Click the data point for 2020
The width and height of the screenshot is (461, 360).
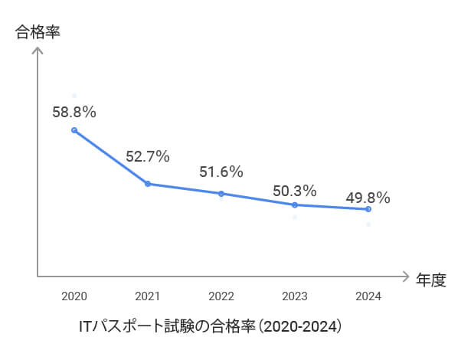click(74, 130)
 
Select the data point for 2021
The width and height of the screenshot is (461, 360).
click(148, 184)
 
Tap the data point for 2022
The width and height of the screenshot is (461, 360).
click(221, 194)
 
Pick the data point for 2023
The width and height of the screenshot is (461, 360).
click(295, 205)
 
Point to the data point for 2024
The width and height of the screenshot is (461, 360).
click(368, 209)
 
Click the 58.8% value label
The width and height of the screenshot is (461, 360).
click(74, 112)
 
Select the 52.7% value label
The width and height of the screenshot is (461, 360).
click(148, 157)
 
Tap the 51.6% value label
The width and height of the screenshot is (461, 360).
click(221, 172)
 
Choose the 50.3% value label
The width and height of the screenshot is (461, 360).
click(295, 191)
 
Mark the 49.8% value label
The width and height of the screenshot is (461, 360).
click(368, 198)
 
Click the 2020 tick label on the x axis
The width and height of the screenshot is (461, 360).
click(74, 296)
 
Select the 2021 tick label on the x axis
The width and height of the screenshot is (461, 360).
click(148, 296)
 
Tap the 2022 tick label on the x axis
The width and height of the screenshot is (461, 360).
click(221, 296)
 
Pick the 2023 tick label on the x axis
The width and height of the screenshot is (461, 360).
click(295, 296)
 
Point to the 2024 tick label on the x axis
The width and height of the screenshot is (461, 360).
click(368, 296)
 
